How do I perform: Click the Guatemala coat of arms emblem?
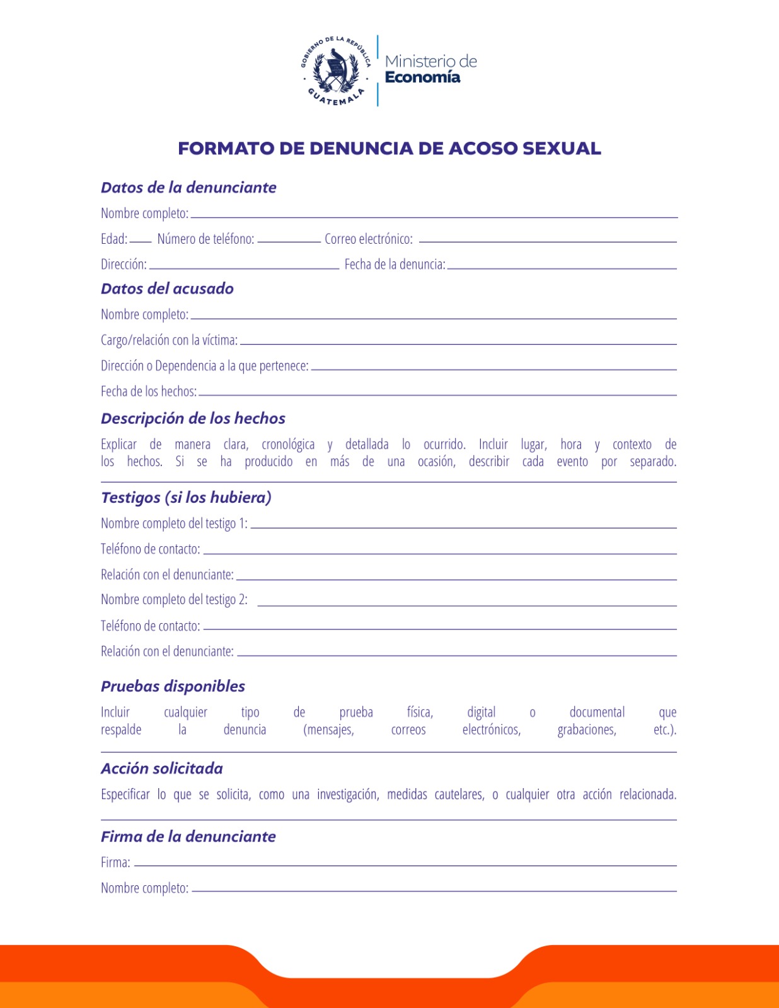pos(335,71)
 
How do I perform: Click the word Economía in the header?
pos(422,77)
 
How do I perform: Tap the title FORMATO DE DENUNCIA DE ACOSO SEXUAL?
pos(389,149)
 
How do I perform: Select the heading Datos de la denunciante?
pos(188,188)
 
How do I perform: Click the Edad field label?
pos(113,239)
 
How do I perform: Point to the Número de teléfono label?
pos(205,239)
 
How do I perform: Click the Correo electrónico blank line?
pos(547,241)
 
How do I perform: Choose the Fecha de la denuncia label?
pos(395,265)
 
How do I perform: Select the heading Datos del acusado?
pos(167,289)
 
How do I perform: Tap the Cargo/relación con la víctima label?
pos(169,340)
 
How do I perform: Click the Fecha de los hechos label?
pos(148,391)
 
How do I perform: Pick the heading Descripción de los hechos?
pos(193,418)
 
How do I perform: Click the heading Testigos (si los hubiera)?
pos(186,498)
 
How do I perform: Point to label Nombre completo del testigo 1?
pos(174,524)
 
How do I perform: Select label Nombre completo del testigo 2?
pos(174,600)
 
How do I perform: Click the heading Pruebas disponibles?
pos(173,686)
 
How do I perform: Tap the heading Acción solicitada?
pos(161,769)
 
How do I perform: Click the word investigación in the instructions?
pos(347,794)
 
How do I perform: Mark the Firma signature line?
pos(405,865)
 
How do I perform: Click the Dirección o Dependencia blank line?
pos(493,369)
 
